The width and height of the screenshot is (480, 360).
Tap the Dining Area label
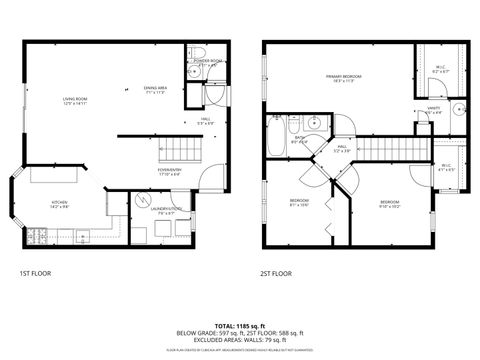click(154, 90)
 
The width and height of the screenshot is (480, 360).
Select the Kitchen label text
click(59, 205)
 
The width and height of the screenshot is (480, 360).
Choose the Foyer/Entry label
click(168, 172)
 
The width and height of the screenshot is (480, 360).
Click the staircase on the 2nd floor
click(390, 149)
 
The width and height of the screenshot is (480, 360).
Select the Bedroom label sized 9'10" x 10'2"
click(389, 205)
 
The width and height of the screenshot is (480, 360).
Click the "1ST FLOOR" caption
click(36, 273)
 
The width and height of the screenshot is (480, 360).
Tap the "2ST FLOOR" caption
click(276, 273)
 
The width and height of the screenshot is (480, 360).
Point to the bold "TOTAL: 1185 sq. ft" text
click(240, 325)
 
